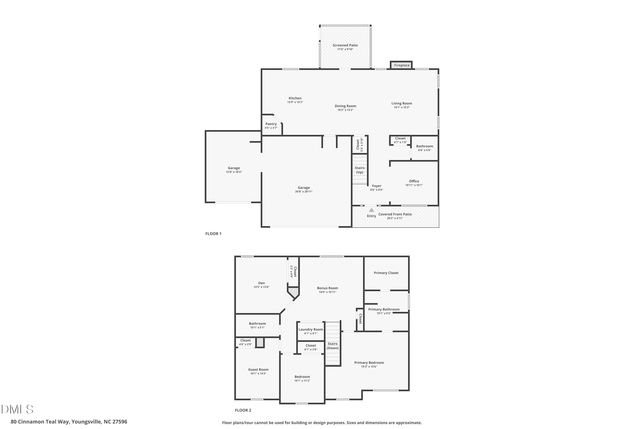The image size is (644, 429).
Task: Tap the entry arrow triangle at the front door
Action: (x=371, y=210)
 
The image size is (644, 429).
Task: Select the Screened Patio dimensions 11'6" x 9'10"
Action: (x=345, y=49)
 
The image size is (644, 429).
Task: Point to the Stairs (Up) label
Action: (x=360, y=170)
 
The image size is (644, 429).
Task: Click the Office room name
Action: (x=414, y=181)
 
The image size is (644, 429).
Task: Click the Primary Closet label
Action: (x=386, y=273)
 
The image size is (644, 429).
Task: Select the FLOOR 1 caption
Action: (x=213, y=234)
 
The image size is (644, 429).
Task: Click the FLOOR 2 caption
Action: (x=243, y=410)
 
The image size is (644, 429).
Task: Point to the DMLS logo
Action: (x=17, y=409)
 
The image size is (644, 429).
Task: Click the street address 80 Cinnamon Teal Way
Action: (x=40, y=422)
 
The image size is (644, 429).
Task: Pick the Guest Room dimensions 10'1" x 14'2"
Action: (x=258, y=373)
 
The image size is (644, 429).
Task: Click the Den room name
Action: (x=261, y=283)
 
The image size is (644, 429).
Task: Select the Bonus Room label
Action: (x=328, y=288)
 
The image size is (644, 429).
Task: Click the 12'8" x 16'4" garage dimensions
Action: (x=234, y=172)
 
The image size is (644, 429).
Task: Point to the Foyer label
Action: (x=377, y=186)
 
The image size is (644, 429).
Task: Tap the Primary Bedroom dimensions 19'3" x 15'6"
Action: (x=369, y=367)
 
